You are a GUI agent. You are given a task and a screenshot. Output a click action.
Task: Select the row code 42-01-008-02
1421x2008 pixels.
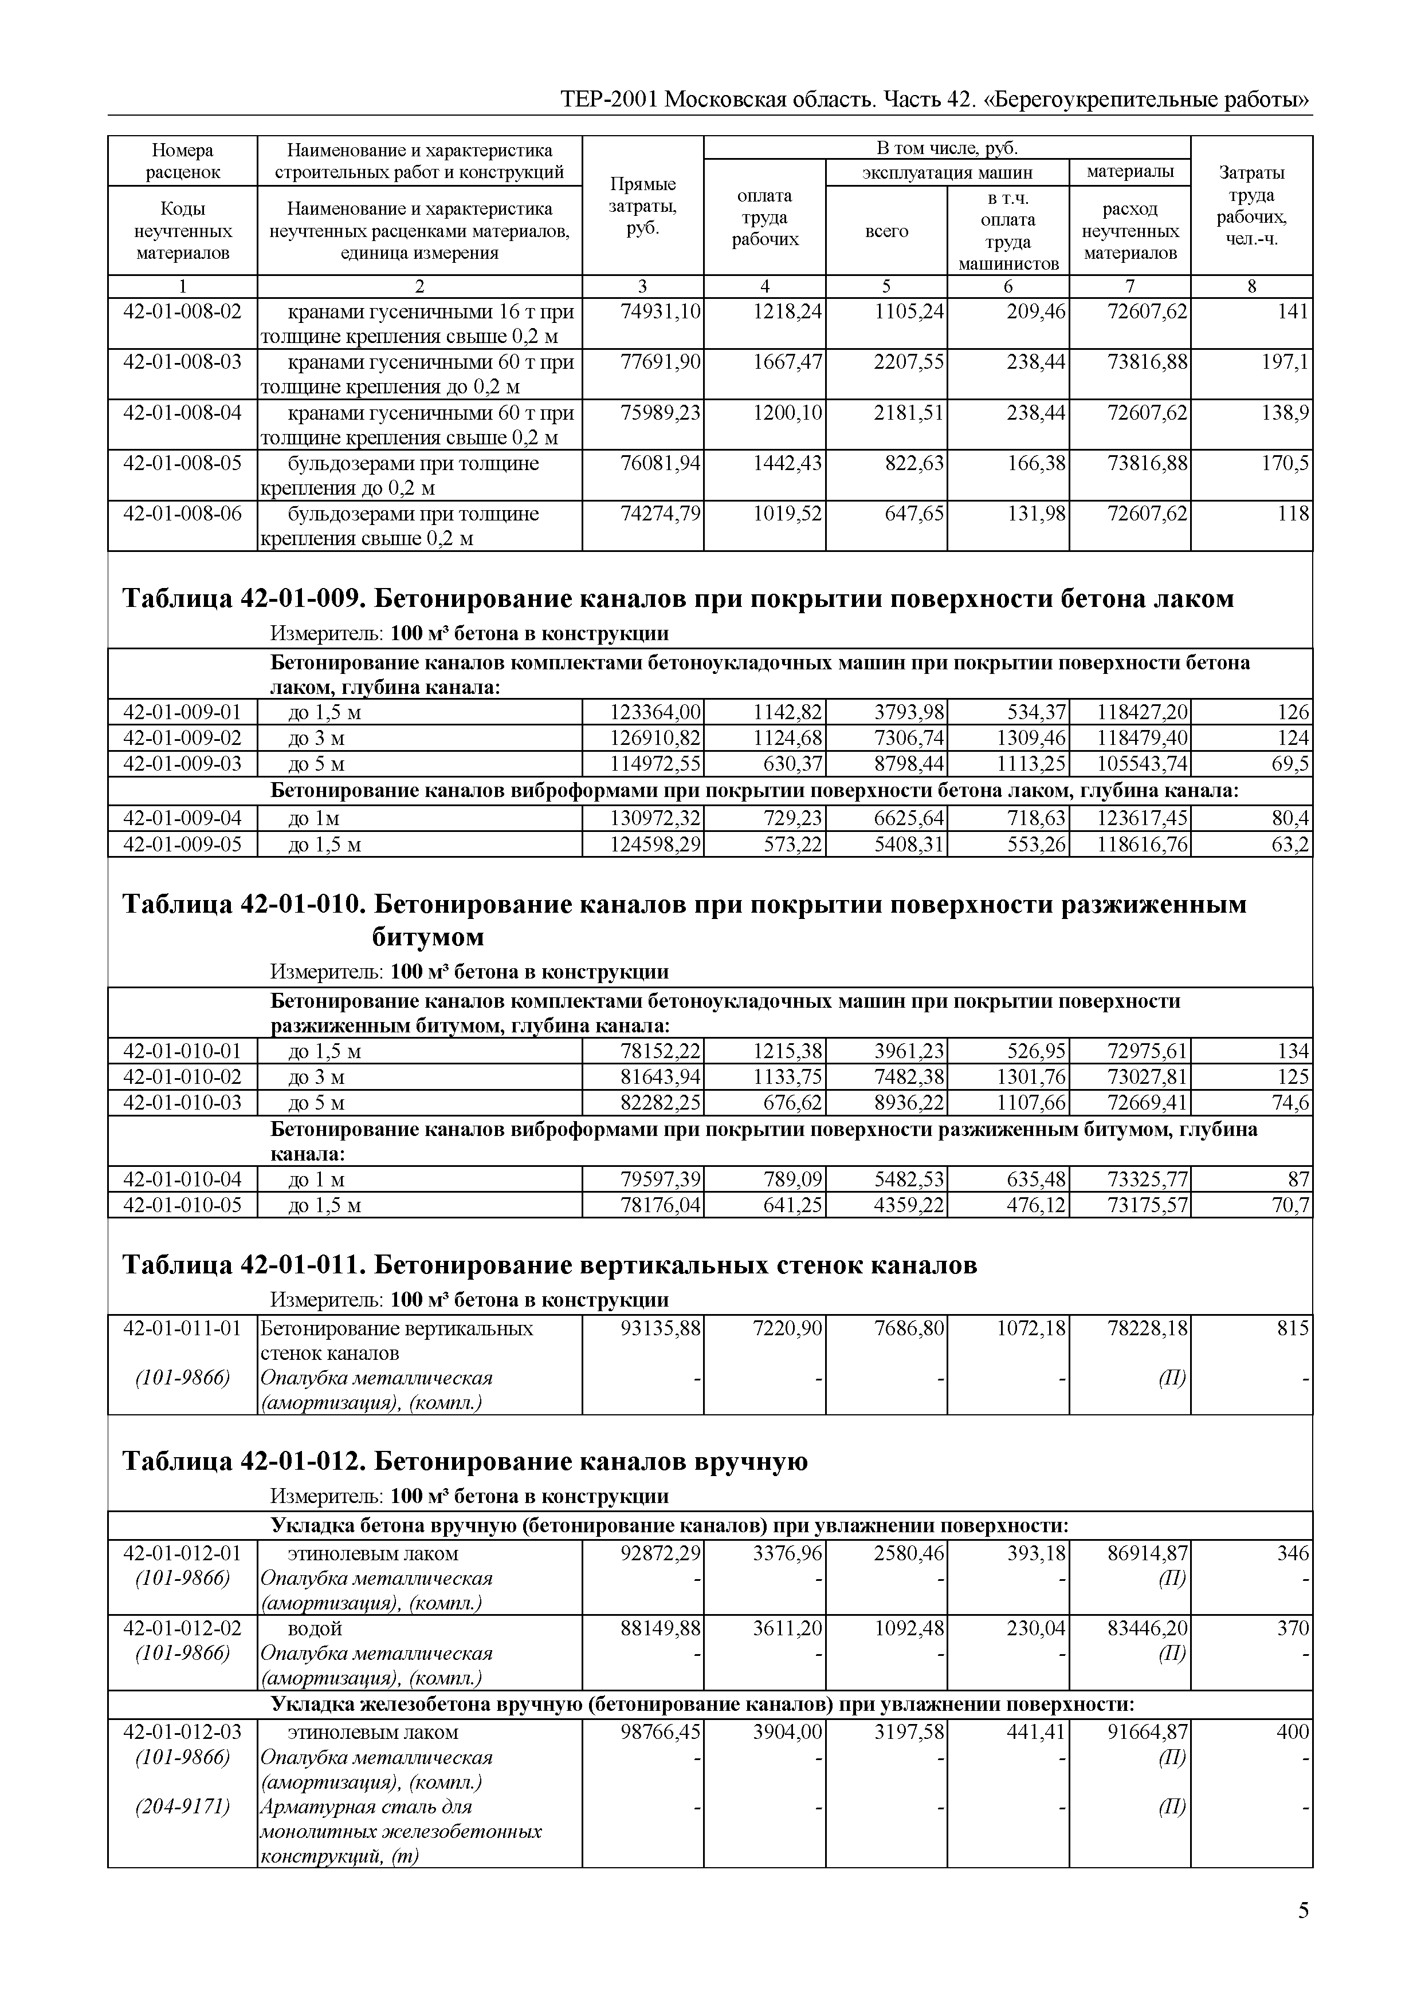[182, 311]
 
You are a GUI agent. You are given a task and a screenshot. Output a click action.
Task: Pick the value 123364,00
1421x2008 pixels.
[655, 712]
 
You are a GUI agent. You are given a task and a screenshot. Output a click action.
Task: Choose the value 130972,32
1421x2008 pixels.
[655, 819]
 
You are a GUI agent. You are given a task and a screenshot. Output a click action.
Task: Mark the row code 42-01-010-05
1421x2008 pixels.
[182, 1205]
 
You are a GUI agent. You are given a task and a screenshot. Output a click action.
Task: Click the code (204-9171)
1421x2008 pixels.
[182, 1807]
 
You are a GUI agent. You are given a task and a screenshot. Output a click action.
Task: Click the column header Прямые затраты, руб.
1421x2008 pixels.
[642, 206]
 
